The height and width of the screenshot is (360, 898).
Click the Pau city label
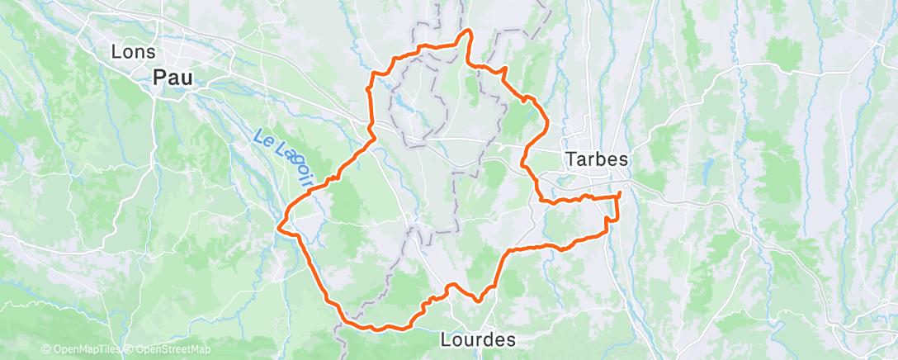[173, 78]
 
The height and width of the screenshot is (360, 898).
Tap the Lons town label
[133, 51]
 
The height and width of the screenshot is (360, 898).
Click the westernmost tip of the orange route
[280, 224]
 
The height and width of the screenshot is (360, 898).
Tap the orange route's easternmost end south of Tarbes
[620, 194]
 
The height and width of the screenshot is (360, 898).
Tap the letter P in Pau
[160, 78]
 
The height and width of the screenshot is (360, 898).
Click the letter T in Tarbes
[569, 159]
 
